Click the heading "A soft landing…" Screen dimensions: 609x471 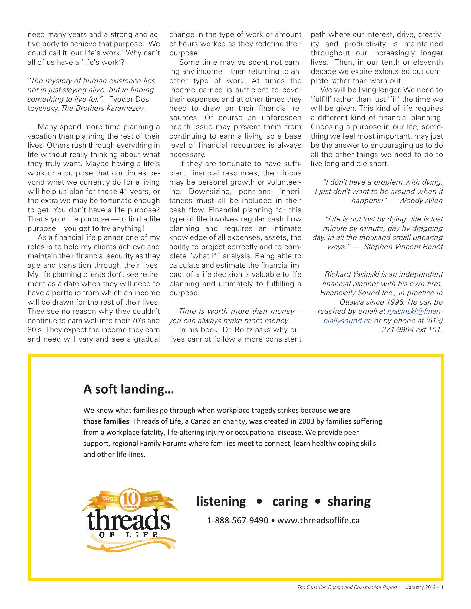coord(128,389)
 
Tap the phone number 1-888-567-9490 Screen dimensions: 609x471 coord(238,521)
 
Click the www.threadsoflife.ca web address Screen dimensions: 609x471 coord(318,521)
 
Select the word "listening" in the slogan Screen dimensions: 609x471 coord(221,502)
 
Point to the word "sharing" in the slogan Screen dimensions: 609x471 coord(349,502)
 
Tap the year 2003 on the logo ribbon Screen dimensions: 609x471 coord(109,498)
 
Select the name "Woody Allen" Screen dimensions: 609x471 coord(421,201)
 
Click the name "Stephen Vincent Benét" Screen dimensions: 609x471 coord(403,247)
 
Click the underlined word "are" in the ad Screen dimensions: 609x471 coord(345,411)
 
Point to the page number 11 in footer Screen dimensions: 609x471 coord(441,587)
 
